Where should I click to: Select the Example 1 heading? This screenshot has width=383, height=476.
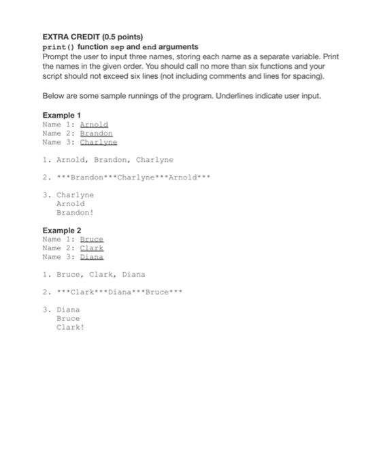tap(61, 116)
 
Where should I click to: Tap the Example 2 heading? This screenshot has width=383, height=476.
tap(61, 231)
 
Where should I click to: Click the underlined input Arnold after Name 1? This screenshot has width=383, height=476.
tap(94, 125)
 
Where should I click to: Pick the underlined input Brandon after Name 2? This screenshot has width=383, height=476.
tap(96, 134)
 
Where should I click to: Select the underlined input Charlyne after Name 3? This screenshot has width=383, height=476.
tap(99, 143)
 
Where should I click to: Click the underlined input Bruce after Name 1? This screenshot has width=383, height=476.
tap(92, 239)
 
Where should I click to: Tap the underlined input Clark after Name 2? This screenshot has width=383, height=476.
tap(92, 248)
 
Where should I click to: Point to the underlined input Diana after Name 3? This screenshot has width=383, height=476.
tap(92, 257)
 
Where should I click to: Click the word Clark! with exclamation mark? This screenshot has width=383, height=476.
tap(70, 327)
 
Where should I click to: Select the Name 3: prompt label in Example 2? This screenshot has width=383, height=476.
tap(59, 257)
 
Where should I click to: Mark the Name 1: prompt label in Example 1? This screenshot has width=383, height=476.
tap(59, 125)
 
